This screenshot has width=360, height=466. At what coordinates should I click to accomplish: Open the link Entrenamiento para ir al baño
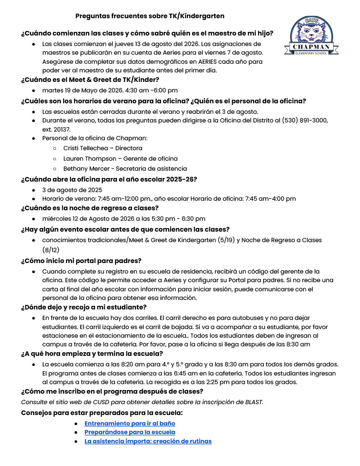click(130, 423)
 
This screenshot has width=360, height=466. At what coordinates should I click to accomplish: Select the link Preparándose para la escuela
click(130, 432)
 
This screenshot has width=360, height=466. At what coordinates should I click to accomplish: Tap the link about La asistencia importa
click(148, 441)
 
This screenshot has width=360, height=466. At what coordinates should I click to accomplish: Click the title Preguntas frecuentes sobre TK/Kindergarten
click(150, 16)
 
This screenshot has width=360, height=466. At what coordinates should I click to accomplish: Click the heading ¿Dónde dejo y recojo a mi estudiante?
click(84, 307)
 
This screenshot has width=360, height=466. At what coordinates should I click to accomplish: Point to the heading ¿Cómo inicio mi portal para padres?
click(81, 261)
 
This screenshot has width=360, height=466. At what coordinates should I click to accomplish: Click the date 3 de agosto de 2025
click(72, 190)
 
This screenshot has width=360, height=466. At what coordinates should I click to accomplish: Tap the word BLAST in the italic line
click(254, 402)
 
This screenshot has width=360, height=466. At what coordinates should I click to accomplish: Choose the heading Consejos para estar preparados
click(102, 413)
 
